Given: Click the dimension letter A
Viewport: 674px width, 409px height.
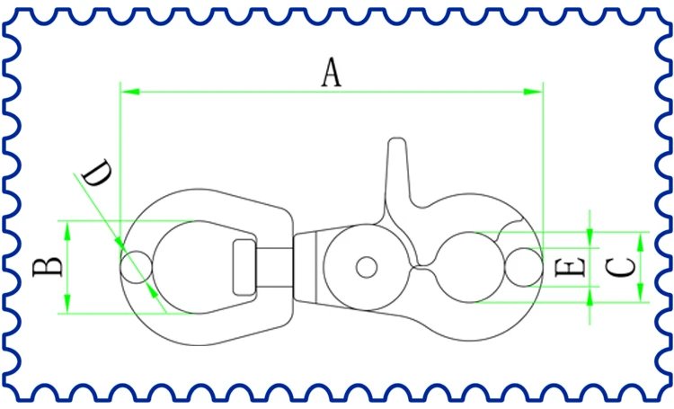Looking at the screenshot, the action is point(333,72).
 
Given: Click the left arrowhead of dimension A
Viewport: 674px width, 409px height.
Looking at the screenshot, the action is point(127,91).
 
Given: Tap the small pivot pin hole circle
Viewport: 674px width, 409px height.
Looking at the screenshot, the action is point(366,267).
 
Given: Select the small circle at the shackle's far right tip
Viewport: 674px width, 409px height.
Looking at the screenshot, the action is point(523,267).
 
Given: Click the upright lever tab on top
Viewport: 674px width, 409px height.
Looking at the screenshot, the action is point(399,171).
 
